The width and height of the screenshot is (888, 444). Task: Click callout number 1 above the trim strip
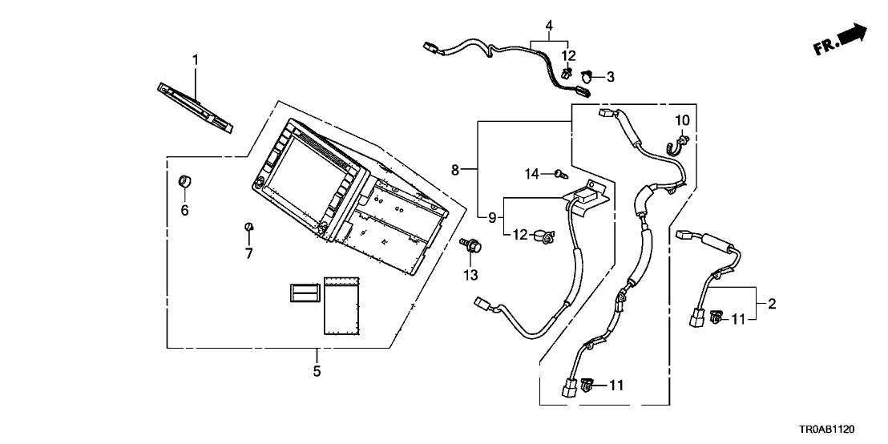(195, 60)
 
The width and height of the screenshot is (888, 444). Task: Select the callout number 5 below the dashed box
(317, 372)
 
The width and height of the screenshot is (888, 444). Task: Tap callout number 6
(184, 211)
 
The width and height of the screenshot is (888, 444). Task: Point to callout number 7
(249, 254)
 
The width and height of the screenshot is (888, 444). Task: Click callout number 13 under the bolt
(470, 275)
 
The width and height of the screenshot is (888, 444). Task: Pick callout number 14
(532, 174)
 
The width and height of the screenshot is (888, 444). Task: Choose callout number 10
(682, 121)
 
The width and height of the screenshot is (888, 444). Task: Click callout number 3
(610, 77)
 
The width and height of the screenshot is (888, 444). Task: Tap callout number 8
(455, 170)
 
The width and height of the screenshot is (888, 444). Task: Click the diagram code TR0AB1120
(842, 430)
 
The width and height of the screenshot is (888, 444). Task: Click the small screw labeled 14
(559, 174)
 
